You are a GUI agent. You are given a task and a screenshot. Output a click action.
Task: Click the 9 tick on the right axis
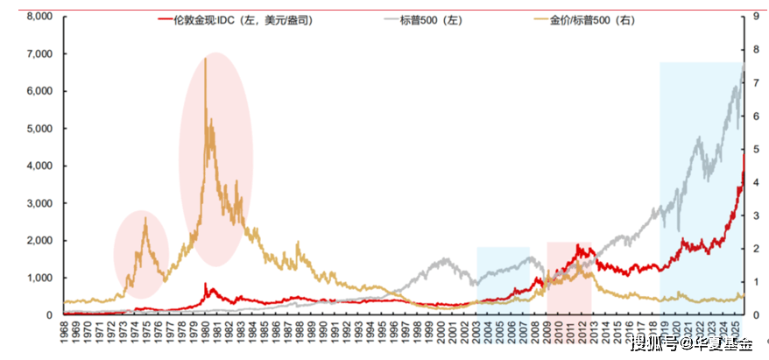tap(756, 17)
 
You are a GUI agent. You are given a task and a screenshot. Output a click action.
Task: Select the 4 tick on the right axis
tap(756, 182)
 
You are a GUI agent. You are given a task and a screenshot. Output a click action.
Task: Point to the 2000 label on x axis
tap(441, 334)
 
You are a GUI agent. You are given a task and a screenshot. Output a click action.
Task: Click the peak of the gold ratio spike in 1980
tap(205, 59)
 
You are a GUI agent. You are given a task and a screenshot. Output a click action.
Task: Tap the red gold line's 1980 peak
tap(205, 284)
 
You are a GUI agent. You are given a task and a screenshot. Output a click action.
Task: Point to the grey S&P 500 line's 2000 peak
tap(446, 259)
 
